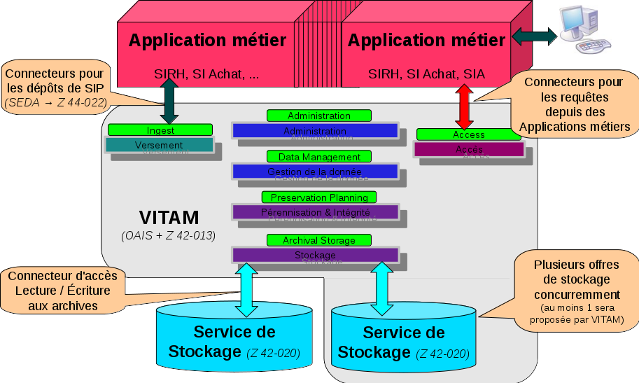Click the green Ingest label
(x=160, y=130)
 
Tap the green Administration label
(x=318, y=116)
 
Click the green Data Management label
(x=319, y=157)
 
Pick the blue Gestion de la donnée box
(x=314, y=172)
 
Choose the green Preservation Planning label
(x=319, y=197)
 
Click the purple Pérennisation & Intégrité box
(x=314, y=211)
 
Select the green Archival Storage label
(x=318, y=240)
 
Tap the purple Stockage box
(x=314, y=255)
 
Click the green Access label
(x=469, y=134)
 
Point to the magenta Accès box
(x=469, y=149)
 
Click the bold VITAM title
(x=169, y=217)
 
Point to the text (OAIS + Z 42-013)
(x=168, y=235)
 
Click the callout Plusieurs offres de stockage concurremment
(x=575, y=290)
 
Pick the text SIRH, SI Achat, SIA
(x=426, y=74)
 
